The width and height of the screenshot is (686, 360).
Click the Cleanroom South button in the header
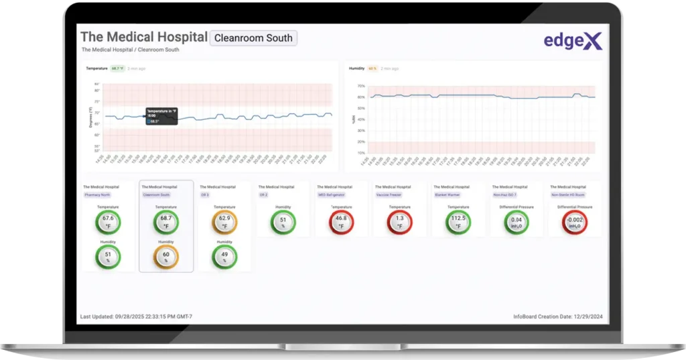253,38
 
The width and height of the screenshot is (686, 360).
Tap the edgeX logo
573,41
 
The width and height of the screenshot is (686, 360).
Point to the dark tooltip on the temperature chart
161,115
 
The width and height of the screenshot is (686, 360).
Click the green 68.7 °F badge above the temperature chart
117,68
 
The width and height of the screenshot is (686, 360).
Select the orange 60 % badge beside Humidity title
372,68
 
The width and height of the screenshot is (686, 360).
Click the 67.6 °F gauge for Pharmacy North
108,222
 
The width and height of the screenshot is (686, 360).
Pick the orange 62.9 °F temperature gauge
224,222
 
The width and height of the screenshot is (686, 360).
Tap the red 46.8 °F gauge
341,222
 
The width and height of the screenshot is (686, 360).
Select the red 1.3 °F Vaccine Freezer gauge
399,222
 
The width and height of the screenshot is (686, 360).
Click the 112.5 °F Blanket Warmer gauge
458,222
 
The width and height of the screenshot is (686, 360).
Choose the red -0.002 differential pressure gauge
575,222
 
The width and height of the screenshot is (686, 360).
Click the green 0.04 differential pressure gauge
517,222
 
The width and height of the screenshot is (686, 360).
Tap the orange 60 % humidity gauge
166,257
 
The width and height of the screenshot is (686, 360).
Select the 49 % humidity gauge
224,257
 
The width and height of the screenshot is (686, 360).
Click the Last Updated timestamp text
136,316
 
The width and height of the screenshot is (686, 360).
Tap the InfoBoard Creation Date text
559,316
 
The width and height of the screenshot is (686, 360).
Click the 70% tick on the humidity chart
360,86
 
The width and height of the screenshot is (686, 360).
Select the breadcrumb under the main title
130,50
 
